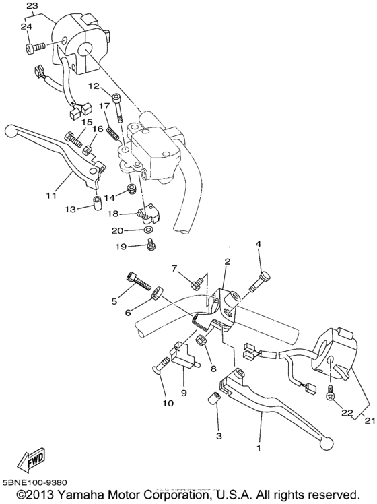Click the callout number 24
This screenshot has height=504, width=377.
[x=26, y=26]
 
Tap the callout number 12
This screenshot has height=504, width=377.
[x=92, y=86]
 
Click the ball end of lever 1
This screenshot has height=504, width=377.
[x=329, y=442]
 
